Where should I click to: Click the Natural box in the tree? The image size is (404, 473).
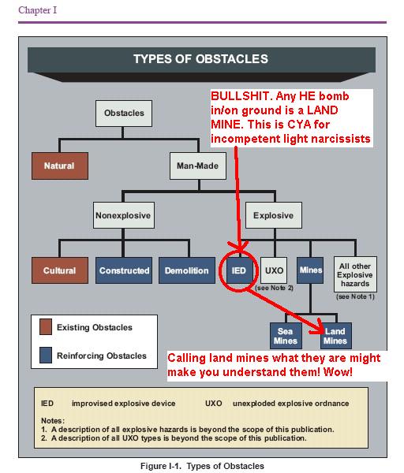click(60, 166)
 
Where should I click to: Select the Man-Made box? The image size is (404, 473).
click(198, 166)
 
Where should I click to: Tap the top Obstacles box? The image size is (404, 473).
click(124, 113)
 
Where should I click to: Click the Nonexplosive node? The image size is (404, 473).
click(124, 215)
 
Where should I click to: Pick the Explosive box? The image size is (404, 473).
click(274, 215)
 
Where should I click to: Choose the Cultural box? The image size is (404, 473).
click(60, 270)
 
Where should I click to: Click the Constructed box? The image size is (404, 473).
click(124, 270)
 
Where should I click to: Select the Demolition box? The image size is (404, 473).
click(187, 270)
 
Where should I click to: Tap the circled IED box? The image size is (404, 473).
click(238, 270)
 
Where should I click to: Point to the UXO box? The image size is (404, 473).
click(274, 270)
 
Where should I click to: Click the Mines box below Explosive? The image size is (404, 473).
click(310, 270)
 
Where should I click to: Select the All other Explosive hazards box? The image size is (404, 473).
click(355, 274)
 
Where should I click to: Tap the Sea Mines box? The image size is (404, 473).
click(286, 336)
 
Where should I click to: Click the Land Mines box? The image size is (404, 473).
click(336, 336)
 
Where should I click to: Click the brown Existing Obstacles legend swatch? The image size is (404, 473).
click(46, 326)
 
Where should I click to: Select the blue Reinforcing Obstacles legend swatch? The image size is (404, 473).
click(46, 355)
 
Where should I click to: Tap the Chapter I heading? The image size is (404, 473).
click(37, 10)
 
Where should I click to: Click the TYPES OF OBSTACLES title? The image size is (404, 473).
click(200, 59)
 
